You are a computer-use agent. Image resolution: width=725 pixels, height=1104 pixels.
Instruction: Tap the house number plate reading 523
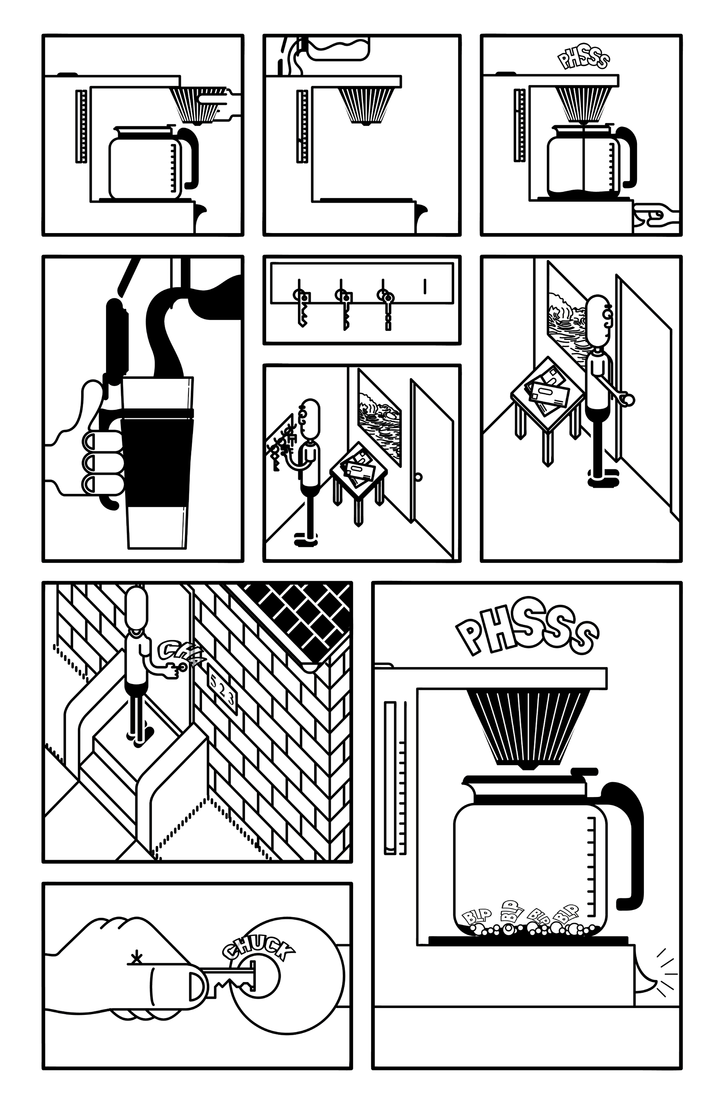222,694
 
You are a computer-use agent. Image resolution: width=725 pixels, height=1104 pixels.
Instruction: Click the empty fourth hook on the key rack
424,286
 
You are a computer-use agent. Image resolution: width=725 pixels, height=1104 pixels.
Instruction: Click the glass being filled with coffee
158,464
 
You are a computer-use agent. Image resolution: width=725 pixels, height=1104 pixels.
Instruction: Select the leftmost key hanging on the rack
301,309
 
